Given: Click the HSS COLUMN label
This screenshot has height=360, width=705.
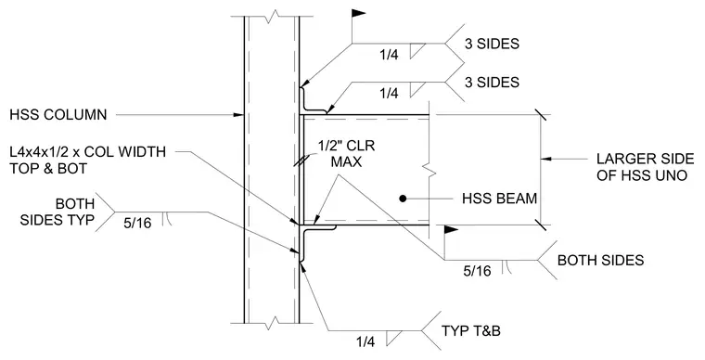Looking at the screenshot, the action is coord(58,115).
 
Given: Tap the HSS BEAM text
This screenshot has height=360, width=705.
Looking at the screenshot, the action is coord(499,199).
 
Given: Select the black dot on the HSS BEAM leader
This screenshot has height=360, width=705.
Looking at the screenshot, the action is coord(403,199).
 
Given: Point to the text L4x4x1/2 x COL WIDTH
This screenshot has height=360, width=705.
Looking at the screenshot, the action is coord(88,152).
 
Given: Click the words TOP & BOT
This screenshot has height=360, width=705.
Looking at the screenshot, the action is coord(48,169).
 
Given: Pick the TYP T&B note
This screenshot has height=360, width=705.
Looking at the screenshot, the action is coord(470,331).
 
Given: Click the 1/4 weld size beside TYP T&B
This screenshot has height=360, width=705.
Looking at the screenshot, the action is coord(365,342).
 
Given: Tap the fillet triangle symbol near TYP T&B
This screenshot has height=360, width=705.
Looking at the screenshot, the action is coord(393,338).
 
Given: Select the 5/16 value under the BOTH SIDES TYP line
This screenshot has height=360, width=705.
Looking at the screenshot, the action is coord(137,223).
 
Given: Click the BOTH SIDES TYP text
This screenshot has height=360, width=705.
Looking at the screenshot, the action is coord(58,212).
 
